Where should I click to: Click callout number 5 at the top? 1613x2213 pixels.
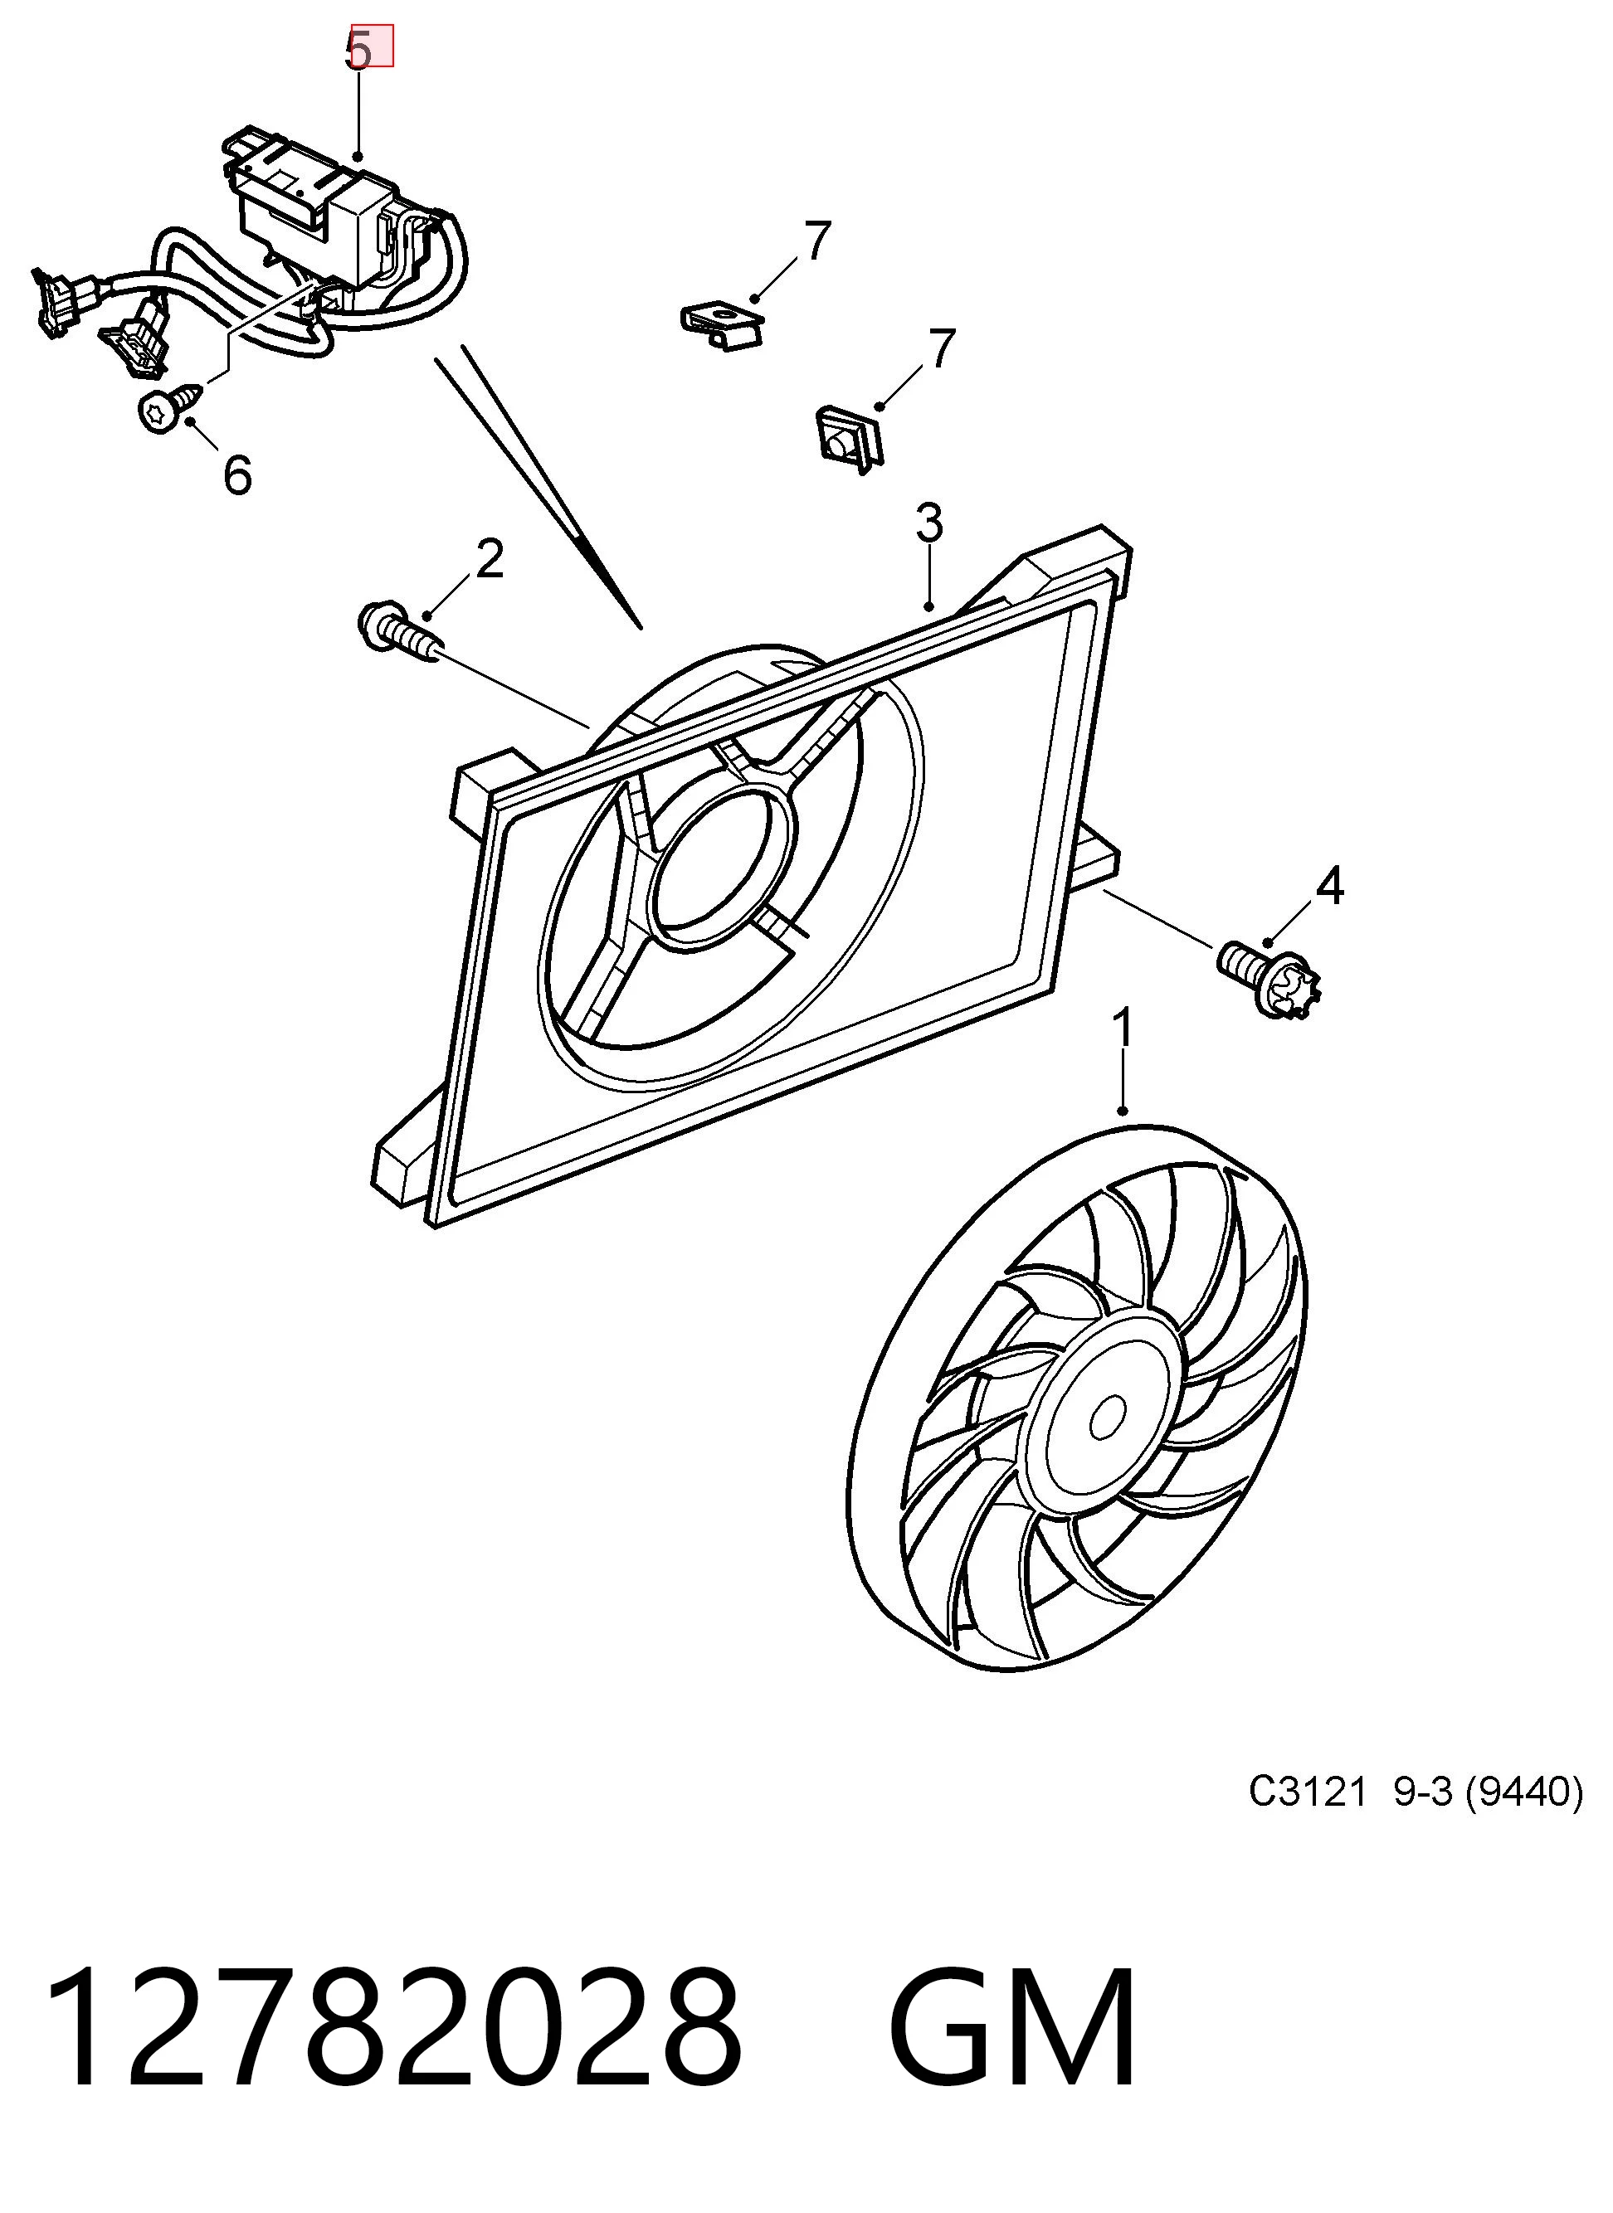[x=359, y=50]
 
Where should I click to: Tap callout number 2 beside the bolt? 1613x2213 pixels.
[x=490, y=558]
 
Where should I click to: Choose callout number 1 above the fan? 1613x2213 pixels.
[x=1123, y=1030]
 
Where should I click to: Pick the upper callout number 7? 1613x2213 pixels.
[x=817, y=241]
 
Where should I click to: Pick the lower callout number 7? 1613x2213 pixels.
[x=940, y=348]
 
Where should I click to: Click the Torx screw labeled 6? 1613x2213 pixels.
[x=171, y=406]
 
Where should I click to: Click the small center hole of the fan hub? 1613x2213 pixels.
[x=1107, y=1417]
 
